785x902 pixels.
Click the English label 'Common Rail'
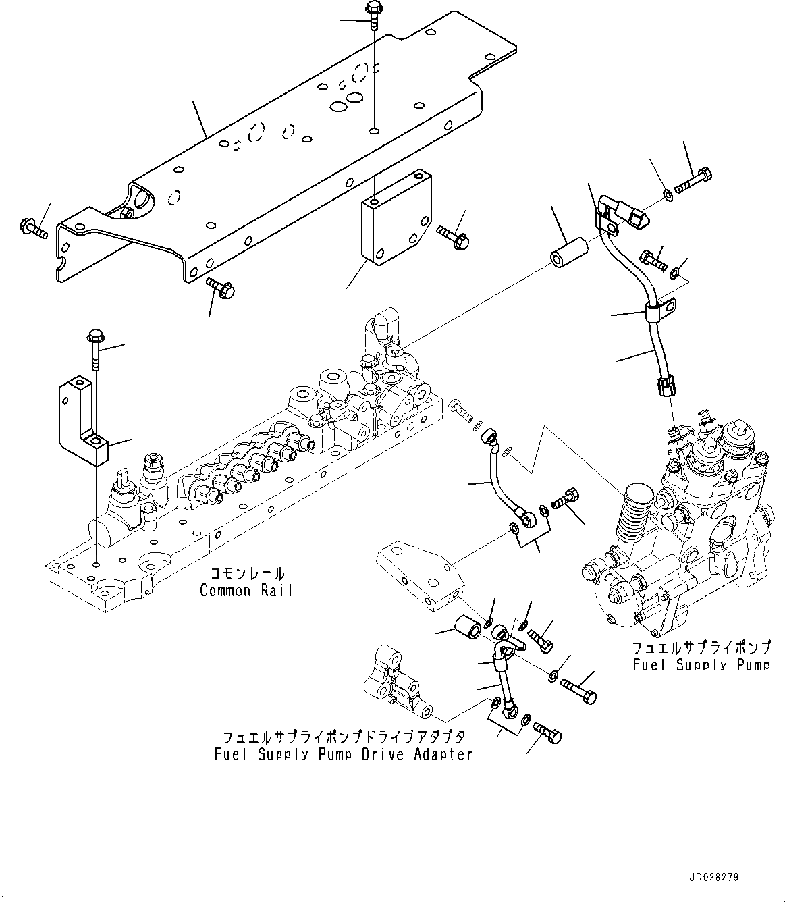point(246,591)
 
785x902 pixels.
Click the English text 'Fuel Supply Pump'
point(701,665)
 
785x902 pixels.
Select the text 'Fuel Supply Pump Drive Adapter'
point(343,754)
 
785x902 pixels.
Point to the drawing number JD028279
point(713,878)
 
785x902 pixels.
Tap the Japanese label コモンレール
point(246,574)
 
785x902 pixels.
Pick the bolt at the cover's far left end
point(32,228)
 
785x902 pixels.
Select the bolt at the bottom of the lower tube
point(547,733)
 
